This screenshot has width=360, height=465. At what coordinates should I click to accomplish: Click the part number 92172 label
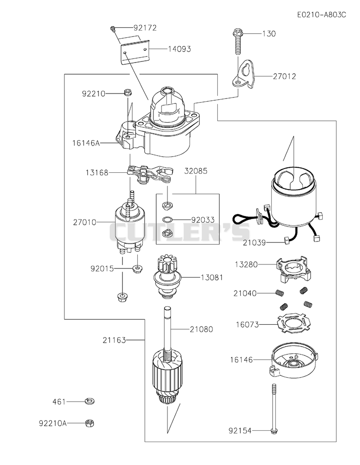pos(145,27)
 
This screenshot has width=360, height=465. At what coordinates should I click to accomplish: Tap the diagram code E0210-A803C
pos(322,15)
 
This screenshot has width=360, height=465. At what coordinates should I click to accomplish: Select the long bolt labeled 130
pos(238,41)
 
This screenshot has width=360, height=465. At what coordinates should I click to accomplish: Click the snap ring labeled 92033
pos(167,220)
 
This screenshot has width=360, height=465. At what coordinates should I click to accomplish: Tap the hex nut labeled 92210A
pos(90,423)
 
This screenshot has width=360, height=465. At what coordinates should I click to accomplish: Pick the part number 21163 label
pos(114,340)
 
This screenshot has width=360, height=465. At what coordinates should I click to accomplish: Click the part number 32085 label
pos(196,171)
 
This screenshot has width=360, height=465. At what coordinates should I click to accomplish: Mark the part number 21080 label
pos(201,329)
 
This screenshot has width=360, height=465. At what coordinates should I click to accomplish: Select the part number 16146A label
pos(86,143)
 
